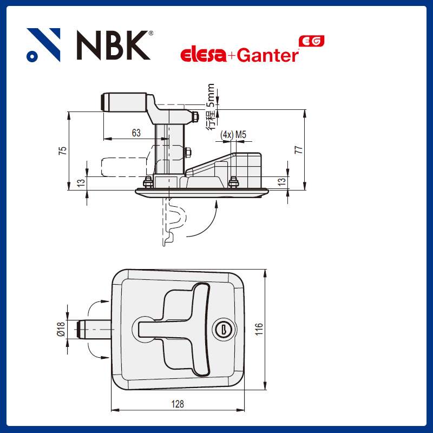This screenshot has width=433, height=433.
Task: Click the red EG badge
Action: (312, 41)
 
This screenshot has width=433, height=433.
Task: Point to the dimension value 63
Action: (136, 133)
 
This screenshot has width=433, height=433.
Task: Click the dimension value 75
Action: (63, 150)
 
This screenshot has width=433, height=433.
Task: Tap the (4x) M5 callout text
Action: (233, 134)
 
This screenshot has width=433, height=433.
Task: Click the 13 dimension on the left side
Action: (80, 183)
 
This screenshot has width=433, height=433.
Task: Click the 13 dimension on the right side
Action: (280, 183)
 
